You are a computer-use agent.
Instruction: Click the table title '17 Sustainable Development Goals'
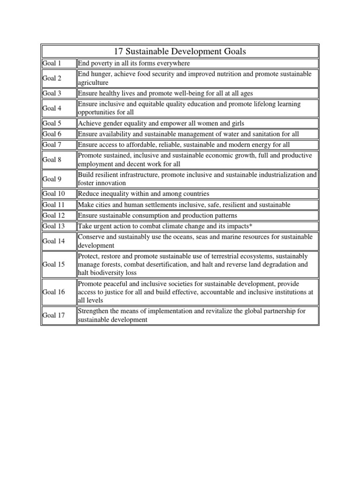click(x=180, y=51)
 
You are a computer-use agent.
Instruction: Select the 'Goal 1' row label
click(x=52, y=63)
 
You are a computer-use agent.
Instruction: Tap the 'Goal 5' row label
click(x=52, y=123)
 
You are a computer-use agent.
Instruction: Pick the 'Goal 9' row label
click(x=52, y=179)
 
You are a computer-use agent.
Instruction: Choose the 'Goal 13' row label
click(x=53, y=226)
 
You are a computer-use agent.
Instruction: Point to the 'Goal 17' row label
click(x=53, y=315)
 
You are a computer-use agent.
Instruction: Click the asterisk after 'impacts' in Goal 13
click(x=251, y=226)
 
